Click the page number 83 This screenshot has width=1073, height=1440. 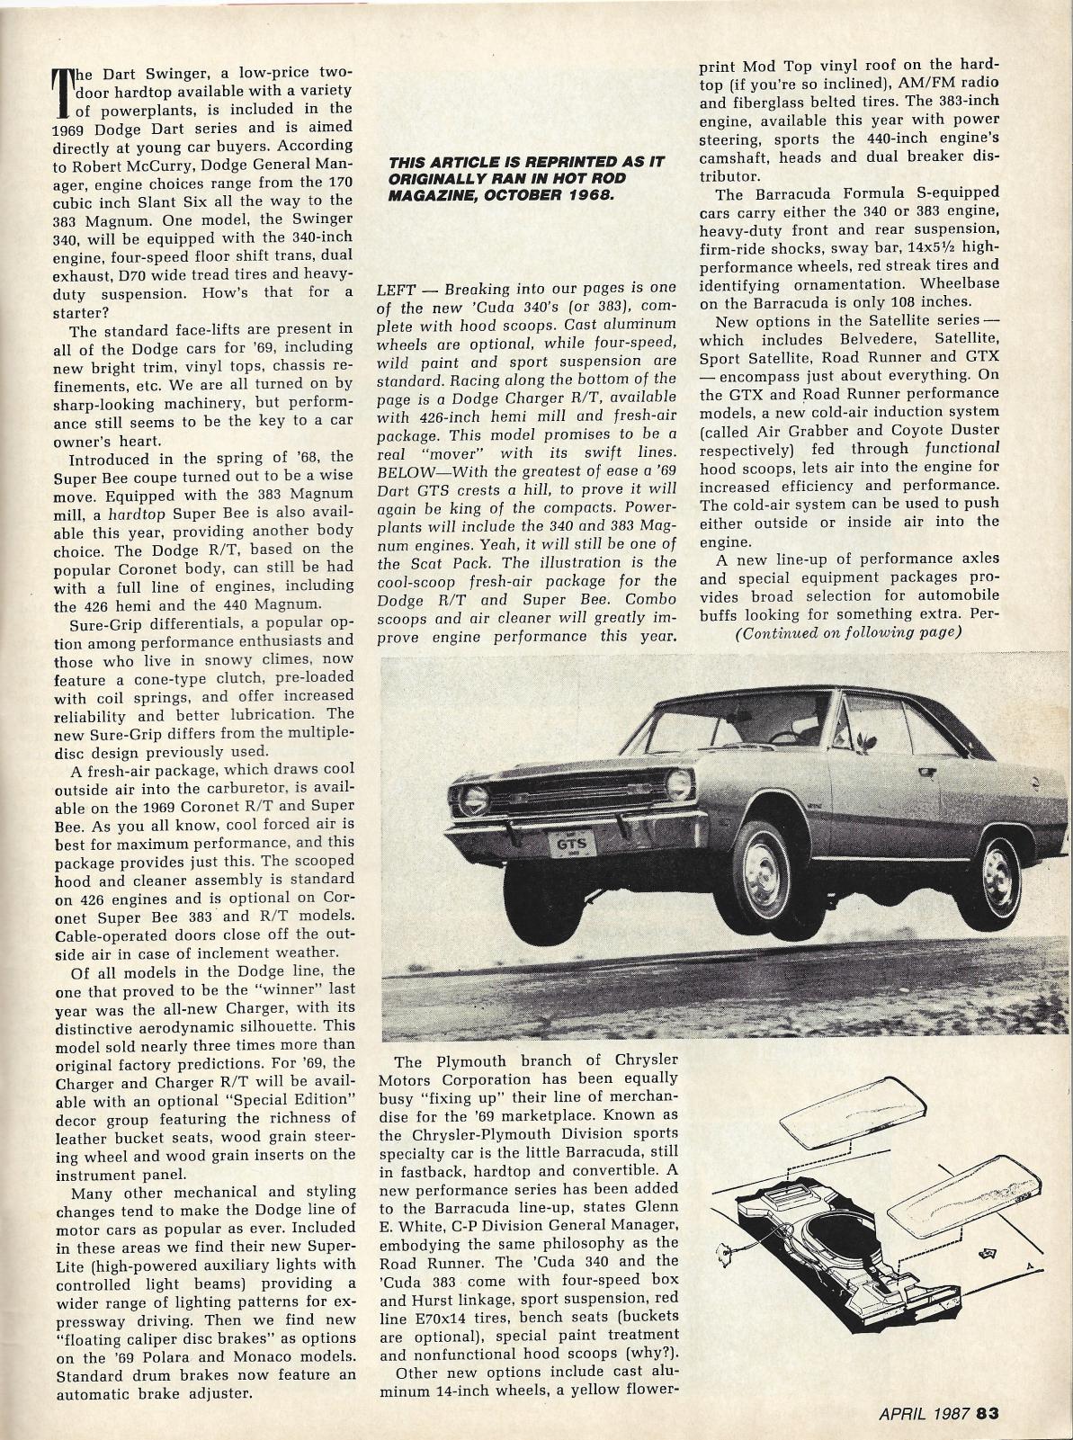[x=988, y=1412]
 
